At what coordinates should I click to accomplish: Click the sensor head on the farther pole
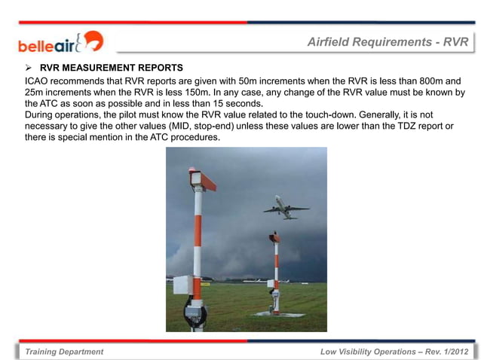(x=274, y=237)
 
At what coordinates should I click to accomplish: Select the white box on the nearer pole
(x=182, y=284)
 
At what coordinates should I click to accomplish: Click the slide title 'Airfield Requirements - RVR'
(x=388, y=42)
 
